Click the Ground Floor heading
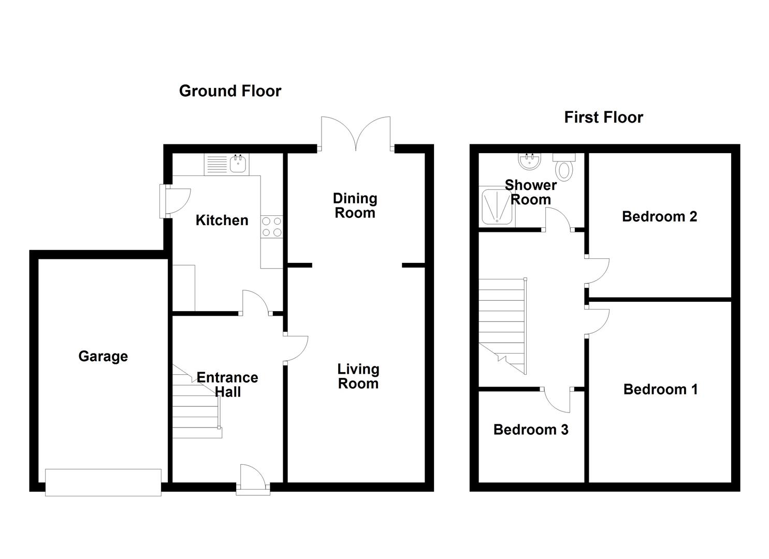pyautogui.click(x=230, y=91)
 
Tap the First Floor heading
pyautogui.click(x=603, y=117)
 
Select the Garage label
pyautogui.click(x=103, y=357)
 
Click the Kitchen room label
pyautogui.click(x=222, y=220)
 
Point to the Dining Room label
pyautogui.click(x=355, y=205)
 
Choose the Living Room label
pyautogui.click(x=358, y=376)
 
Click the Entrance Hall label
pyautogui.click(x=227, y=385)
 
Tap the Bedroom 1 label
pyautogui.click(x=660, y=389)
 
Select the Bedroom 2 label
pyautogui.click(x=660, y=216)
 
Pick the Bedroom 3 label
pyautogui.click(x=531, y=430)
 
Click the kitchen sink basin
pyautogui.click(x=238, y=164)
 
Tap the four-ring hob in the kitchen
pyautogui.click(x=271, y=227)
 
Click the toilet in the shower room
pyautogui.click(x=564, y=167)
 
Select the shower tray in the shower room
pyautogui.click(x=497, y=207)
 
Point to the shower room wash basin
pyautogui.click(x=530, y=161)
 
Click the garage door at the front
pyautogui.click(x=104, y=482)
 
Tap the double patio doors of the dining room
pyautogui.click(x=356, y=134)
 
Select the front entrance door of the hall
pyautogui.click(x=253, y=479)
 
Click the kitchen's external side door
pyautogui.click(x=175, y=201)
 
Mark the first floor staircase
pyautogui.click(x=503, y=326)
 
